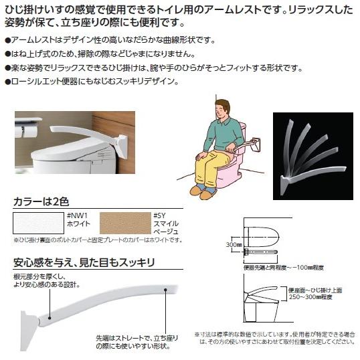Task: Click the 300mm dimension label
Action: [234, 246]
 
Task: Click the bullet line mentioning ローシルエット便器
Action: [94, 81]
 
